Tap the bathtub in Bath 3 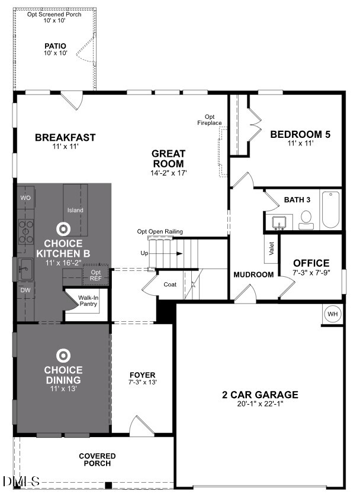(x=330, y=210)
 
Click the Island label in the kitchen (x=75, y=210)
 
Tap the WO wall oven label (x=25, y=198)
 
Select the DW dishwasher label (x=25, y=290)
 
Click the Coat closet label (x=170, y=285)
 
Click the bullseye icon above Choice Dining (x=63, y=356)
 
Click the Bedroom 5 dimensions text (x=300, y=143)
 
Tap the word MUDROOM (x=253, y=274)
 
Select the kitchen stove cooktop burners (x=25, y=232)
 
